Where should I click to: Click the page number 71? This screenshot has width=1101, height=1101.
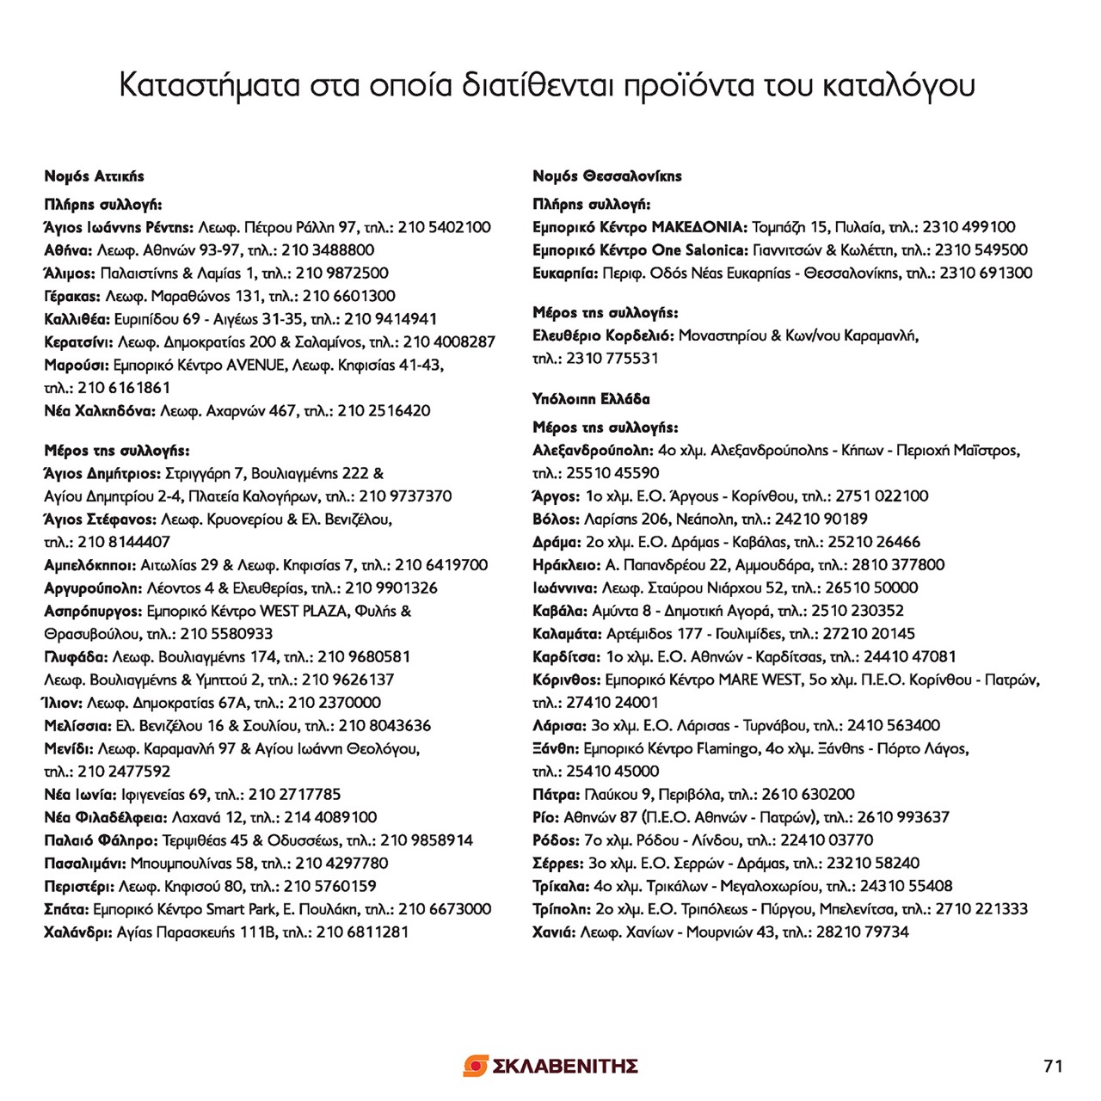point(1053,1067)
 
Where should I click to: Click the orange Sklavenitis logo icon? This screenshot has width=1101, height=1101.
point(476,1067)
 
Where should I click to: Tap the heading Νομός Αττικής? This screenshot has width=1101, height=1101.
point(95,176)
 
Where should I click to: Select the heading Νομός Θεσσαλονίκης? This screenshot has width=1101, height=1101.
point(607,176)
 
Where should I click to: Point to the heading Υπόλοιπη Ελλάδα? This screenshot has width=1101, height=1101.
point(591,399)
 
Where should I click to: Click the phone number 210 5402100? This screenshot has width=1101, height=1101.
point(444,228)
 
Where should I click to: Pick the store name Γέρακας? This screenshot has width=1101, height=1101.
point(72,297)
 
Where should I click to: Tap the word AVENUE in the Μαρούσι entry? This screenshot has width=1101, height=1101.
point(256,366)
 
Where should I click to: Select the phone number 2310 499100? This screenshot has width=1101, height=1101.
point(969,228)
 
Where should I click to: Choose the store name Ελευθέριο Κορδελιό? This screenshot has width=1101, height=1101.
point(603,335)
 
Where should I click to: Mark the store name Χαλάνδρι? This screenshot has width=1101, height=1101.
point(77,932)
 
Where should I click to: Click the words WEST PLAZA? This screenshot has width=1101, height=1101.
point(303,612)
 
